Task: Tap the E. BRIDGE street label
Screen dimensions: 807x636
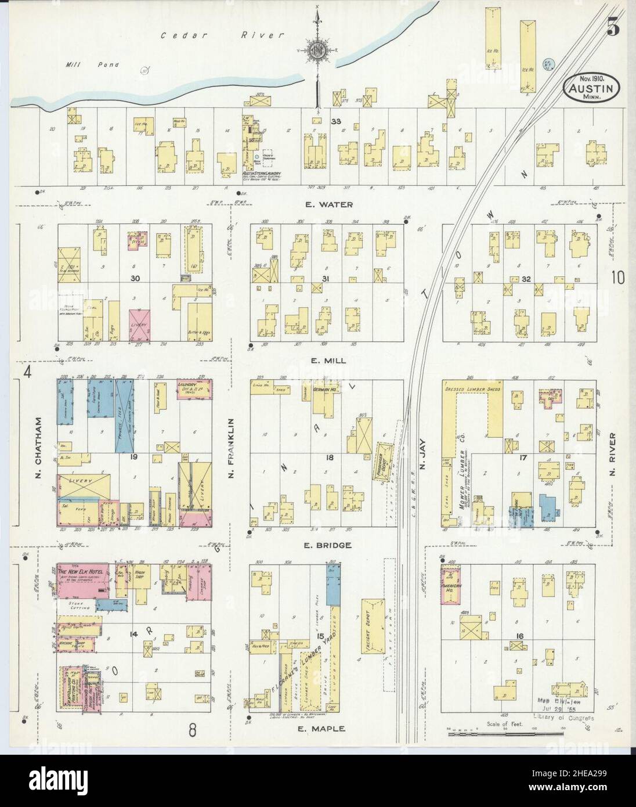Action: click(326, 546)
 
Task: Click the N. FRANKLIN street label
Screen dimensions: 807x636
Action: click(231, 447)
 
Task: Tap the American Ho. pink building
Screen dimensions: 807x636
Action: click(453, 584)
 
